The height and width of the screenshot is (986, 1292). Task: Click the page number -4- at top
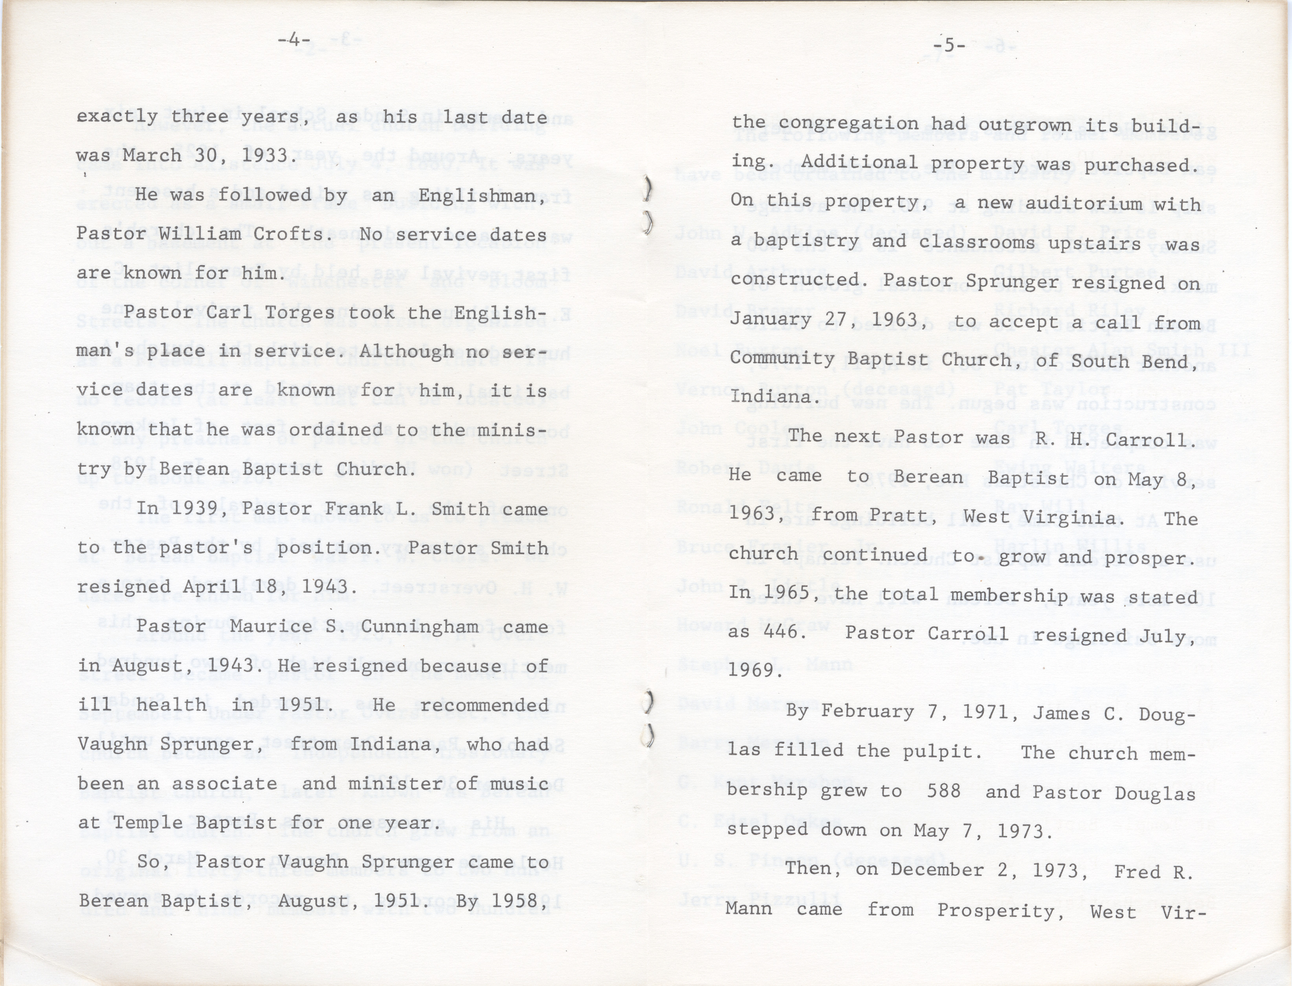(294, 40)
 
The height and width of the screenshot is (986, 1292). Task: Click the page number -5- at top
(949, 45)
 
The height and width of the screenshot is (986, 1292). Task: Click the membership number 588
(943, 791)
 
